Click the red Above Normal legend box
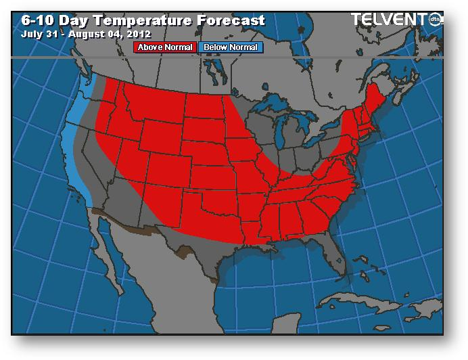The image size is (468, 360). point(166,47)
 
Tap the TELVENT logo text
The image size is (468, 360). point(392,20)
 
